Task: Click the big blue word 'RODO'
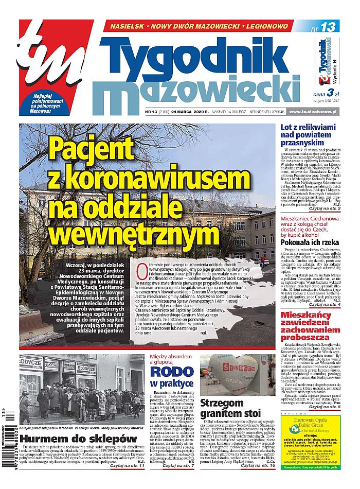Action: click(x=165, y=371)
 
